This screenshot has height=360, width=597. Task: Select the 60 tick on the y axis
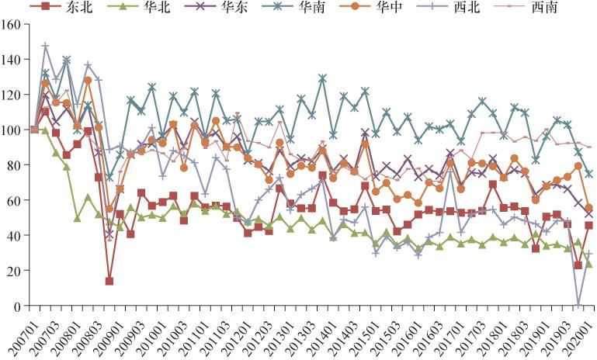coord(13,200)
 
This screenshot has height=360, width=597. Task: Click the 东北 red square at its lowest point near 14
coord(109,281)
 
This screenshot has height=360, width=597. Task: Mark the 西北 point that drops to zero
coord(578,305)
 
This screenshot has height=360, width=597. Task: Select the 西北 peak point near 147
coord(45,47)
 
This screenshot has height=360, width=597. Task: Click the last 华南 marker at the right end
coord(588,174)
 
